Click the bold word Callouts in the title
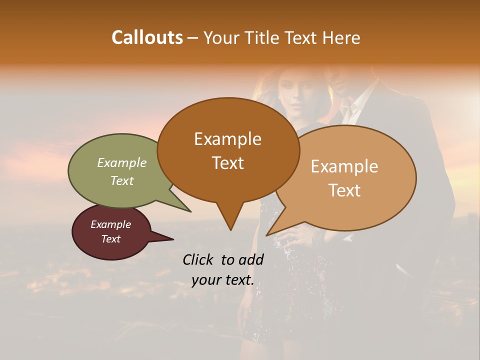[x=147, y=37]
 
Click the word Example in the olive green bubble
[x=122, y=162]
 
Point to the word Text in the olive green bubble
[x=122, y=180]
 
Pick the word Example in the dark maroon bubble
[x=110, y=224]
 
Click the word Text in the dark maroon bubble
[x=110, y=239]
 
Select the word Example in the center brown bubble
[x=227, y=139]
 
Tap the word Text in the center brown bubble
[x=227, y=163]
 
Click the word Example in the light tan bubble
[x=344, y=166]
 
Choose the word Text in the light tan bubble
[x=344, y=190]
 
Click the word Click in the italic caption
[x=199, y=259]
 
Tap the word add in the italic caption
[x=251, y=259]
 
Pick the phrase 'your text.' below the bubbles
[x=222, y=280]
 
